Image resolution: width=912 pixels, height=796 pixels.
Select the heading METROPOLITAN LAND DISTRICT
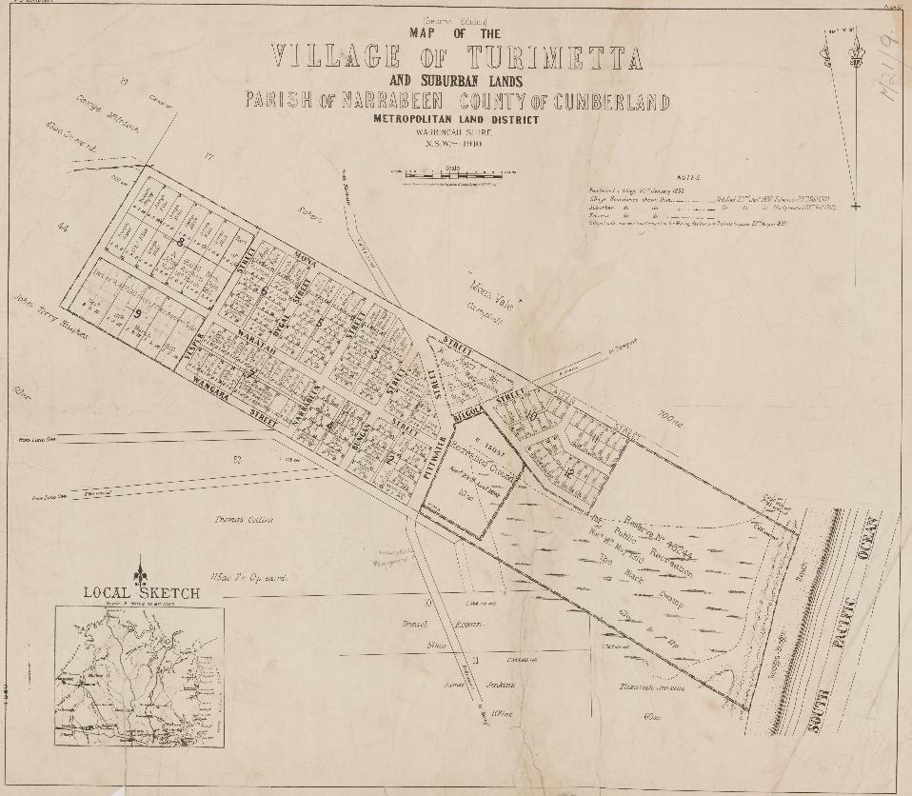pyautogui.click(x=456, y=120)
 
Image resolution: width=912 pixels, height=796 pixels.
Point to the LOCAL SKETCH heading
pyautogui.click(x=141, y=593)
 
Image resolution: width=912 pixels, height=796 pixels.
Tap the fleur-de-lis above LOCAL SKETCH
pyautogui.click(x=141, y=568)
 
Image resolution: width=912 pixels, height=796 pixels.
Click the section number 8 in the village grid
pyautogui.click(x=180, y=242)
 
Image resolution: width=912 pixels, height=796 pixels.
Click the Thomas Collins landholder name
pyautogui.click(x=244, y=520)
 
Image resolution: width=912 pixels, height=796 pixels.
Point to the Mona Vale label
pyautogui.click(x=494, y=285)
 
